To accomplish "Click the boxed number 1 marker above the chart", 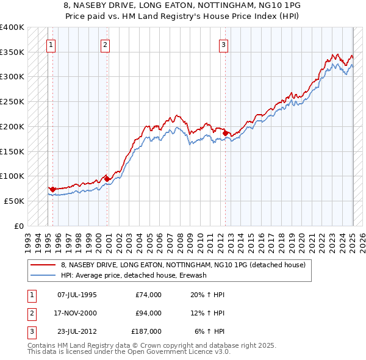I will point(51,44).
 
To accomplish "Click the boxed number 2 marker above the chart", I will point(105,44).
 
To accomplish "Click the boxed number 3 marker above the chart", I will point(224,44).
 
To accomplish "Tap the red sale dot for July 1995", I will point(52,189).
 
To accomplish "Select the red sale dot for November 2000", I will point(107,179).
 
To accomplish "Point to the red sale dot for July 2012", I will point(225,133).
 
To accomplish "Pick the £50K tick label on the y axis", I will point(15,201).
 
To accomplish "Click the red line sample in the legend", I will point(44,265).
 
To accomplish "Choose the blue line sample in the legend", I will point(44,275).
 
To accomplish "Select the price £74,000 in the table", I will point(148,295).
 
